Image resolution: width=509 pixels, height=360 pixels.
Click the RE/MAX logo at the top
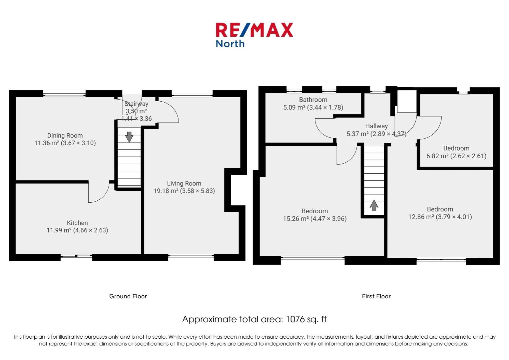pos(254,30)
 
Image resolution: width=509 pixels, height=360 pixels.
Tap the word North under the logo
pos(230,44)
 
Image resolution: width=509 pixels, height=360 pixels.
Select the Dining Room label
pos(65,135)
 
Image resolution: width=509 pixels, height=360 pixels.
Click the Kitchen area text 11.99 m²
pos(59,230)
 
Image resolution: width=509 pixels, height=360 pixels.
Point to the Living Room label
pos(184,183)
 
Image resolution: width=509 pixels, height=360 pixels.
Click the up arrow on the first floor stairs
pos(374,205)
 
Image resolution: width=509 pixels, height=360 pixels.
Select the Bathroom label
pos(313,100)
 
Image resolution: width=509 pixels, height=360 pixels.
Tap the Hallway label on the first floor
pos(376,126)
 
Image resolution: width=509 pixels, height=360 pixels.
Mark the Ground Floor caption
pos(128,296)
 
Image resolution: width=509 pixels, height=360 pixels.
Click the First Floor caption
pos(376,296)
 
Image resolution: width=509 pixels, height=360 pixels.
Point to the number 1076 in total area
pos(295,319)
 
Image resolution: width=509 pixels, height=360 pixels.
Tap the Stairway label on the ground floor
pos(136,104)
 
